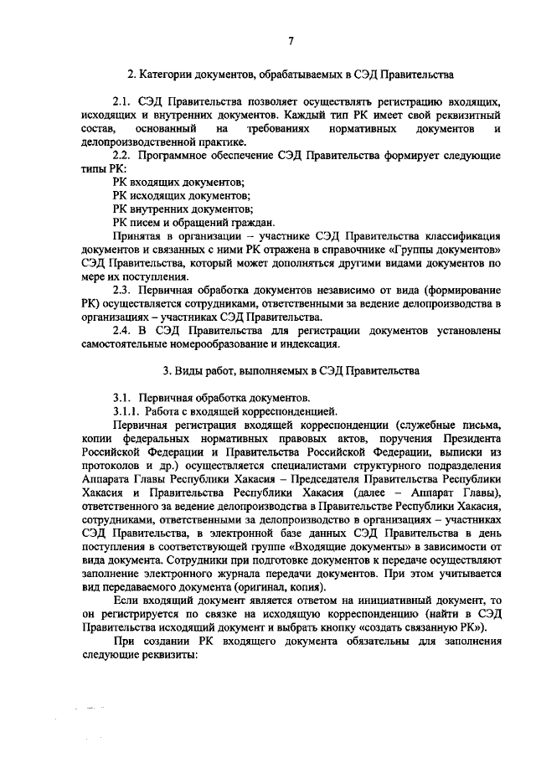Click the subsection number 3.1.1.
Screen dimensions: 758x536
pos(125,410)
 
